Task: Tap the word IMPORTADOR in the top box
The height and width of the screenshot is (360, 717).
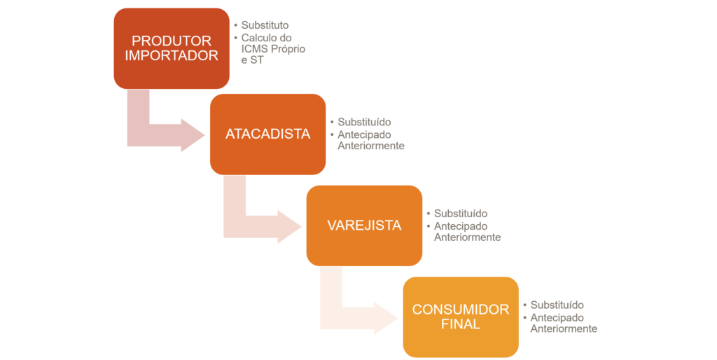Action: (172, 55)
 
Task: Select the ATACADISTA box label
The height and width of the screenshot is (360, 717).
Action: (267, 134)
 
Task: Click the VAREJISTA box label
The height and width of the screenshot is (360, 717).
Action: (364, 226)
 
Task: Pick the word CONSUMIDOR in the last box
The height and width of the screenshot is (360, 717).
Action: (461, 310)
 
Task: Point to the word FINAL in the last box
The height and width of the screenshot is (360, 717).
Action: (461, 324)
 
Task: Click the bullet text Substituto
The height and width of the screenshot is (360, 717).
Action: (265, 25)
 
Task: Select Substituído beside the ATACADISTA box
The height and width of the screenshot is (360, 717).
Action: (364, 122)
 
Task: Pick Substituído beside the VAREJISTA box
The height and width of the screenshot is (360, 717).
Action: (460, 214)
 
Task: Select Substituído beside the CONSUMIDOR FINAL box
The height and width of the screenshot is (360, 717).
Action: (557, 305)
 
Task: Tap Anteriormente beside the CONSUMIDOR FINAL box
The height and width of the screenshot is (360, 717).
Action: (564, 328)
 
